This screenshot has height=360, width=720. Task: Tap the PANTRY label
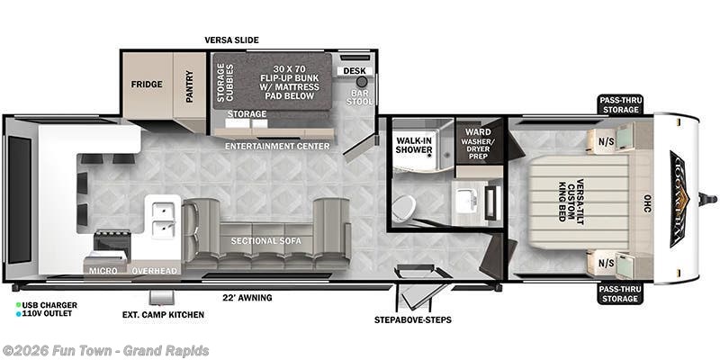pos(190,86)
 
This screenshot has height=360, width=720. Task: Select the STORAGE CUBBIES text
pos(220,81)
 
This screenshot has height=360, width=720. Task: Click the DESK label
pos(351,71)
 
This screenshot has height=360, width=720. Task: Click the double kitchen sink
pos(163,217)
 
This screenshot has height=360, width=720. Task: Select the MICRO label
pos(102,270)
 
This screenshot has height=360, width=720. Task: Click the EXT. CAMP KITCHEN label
pos(163,315)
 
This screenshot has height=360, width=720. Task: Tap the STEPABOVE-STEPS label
pos(413,319)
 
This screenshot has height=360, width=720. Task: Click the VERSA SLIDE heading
pos(231,40)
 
